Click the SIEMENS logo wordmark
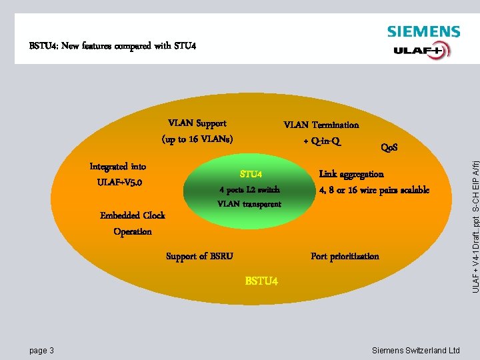[x=423, y=31]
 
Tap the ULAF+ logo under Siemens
[x=421, y=50]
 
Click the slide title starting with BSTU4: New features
[x=113, y=47]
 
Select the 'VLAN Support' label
[x=197, y=123]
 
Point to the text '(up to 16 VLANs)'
[x=197, y=139]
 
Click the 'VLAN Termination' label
[x=321, y=125]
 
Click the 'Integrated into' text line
[x=118, y=167]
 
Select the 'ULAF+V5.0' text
[x=119, y=182]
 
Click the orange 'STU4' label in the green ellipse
[x=251, y=175]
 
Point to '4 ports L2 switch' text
[x=249, y=189]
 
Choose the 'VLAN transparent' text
[x=249, y=204]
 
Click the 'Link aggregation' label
[x=351, y=174]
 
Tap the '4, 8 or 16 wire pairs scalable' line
[x=374, y=190]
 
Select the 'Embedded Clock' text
[x=133, y=215]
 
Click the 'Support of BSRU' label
[x=199, y=256]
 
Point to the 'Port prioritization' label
[x=345, y=256]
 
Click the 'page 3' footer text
[x=42, y=351]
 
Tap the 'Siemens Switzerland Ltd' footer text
[x=415, y=351]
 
